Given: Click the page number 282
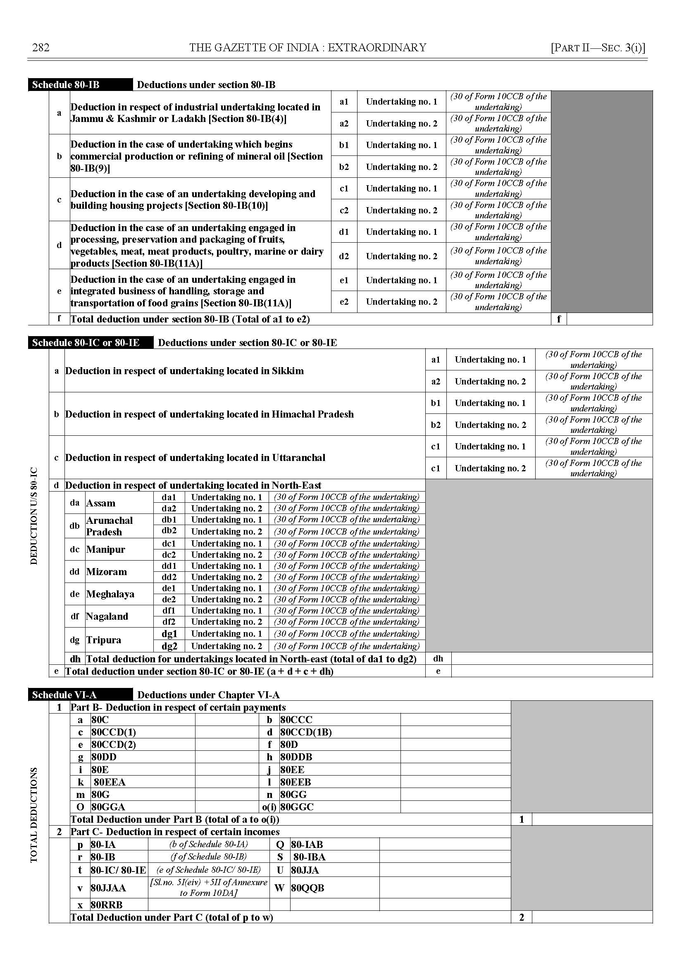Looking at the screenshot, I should pyautogui.click(x=41, y=48).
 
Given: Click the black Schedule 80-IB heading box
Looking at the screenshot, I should pyautogui.click(x=80, y=85).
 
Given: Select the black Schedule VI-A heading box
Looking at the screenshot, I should pyautogui.click(x=80, y=695).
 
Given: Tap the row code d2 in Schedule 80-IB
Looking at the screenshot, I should pyautogui.click(x=344, y=256).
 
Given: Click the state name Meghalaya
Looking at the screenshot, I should pyautogui.click(x=110, y=594).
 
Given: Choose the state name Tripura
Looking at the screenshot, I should pyautogui.click(x=104, y=640).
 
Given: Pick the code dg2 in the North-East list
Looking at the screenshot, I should pyautogui.click(x=169, y=646).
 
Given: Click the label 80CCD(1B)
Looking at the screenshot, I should pyautogui.click(x=306, y=732).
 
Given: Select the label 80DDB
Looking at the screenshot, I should pyautogui.click(x=296, y=757).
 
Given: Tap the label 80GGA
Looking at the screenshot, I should pyautogui.click(x=108, y=807).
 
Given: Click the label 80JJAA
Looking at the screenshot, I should pyautogui.click(x=108, y=888).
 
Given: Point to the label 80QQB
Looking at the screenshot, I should pyautogui.click(x=308, y=888).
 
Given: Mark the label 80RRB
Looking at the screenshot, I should pyautogui.click(x=107, y=905).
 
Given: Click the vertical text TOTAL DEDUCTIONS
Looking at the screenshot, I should pyautogui.click(x=34, y=815).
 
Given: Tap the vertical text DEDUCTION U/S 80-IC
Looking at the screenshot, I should pyautogui.click(x=34, y=516).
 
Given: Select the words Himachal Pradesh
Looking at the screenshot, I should pyautogui.click(x=312, y=414).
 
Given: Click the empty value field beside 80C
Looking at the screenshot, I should pyautogui.click(x=227, y=720).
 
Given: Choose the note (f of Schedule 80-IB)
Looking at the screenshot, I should pyautogui.click(x=208, y=857).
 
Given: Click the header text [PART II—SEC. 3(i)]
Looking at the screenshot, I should pyautogui.click(x=598, y=48).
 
